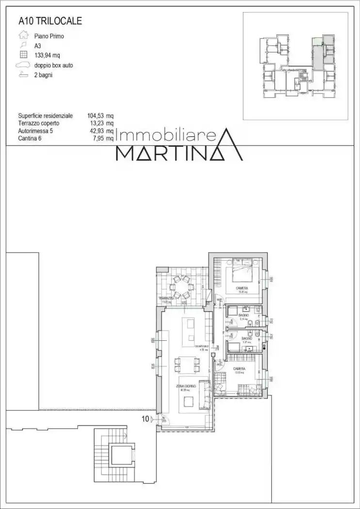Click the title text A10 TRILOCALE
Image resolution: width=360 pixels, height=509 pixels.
click(x=50, y=21)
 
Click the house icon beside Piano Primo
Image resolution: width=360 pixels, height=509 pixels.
click(x=23, y=35)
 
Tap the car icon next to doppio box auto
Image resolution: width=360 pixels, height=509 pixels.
click(x=23, y=64)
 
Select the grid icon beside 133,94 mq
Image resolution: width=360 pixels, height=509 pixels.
click(x=23, y=55)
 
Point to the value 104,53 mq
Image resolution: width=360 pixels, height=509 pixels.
click(x=100, y=116)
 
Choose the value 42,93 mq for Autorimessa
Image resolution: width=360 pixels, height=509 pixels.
click(x=100, y=131)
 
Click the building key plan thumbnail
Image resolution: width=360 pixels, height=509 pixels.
click(x=295, y=66)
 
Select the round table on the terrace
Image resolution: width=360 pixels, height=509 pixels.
click(x=183, y=287)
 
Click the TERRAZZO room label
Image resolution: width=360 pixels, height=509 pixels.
click(x=166, y=298)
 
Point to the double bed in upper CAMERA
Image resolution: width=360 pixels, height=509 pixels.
click(x=242, y=272)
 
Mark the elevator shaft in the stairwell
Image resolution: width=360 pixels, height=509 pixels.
click(x=118, y=455)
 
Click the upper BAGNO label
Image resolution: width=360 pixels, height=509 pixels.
click(x=244, y=316)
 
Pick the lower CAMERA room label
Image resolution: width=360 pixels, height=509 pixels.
click(x=239, y=369)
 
